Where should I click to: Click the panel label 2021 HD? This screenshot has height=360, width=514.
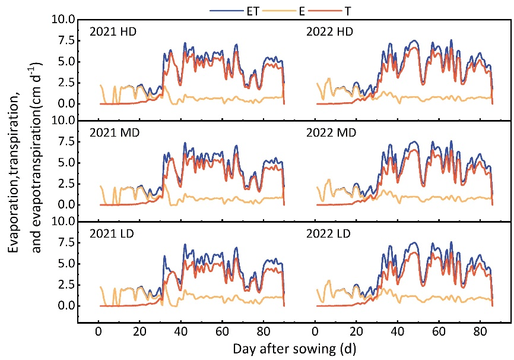(113, 31)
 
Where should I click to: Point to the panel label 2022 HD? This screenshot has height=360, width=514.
(330, 31)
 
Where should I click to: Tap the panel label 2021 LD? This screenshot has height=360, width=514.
(113, 233)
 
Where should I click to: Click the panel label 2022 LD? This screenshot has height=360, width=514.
(330, 233)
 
